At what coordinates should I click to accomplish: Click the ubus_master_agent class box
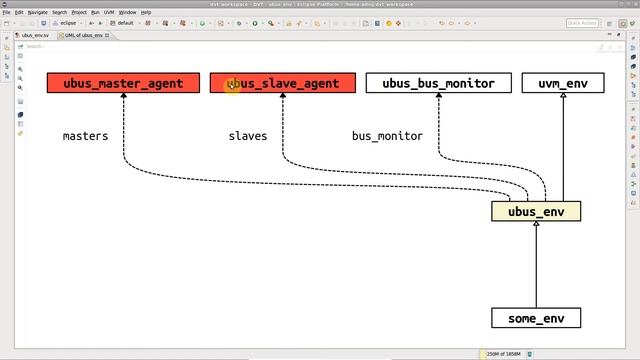tap(123, 83)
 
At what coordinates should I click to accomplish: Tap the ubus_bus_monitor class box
tap(438, 83)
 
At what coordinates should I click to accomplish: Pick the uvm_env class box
tap(563, 83)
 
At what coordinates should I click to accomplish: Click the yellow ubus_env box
tap(536, 211)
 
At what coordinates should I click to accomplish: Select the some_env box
tap(536, 318)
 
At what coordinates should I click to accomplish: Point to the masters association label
tap(85, 136)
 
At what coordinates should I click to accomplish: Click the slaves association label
tap(248, 136)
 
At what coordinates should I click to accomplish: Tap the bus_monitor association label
tap(387, 136)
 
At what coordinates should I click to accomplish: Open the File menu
tap(6, 12)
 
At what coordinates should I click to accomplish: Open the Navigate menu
tap(38, 12)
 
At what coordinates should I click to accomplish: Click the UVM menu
tap(109, 12)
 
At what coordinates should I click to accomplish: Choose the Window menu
tap(128, 12)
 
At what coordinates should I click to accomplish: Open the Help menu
tap(147, 12)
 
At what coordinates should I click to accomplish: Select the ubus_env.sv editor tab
tap(34, 35)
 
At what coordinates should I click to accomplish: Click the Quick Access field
tap(581, 22)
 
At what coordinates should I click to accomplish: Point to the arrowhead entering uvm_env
tap(563, 98)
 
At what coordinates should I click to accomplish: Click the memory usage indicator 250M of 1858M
tap(511, 353)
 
